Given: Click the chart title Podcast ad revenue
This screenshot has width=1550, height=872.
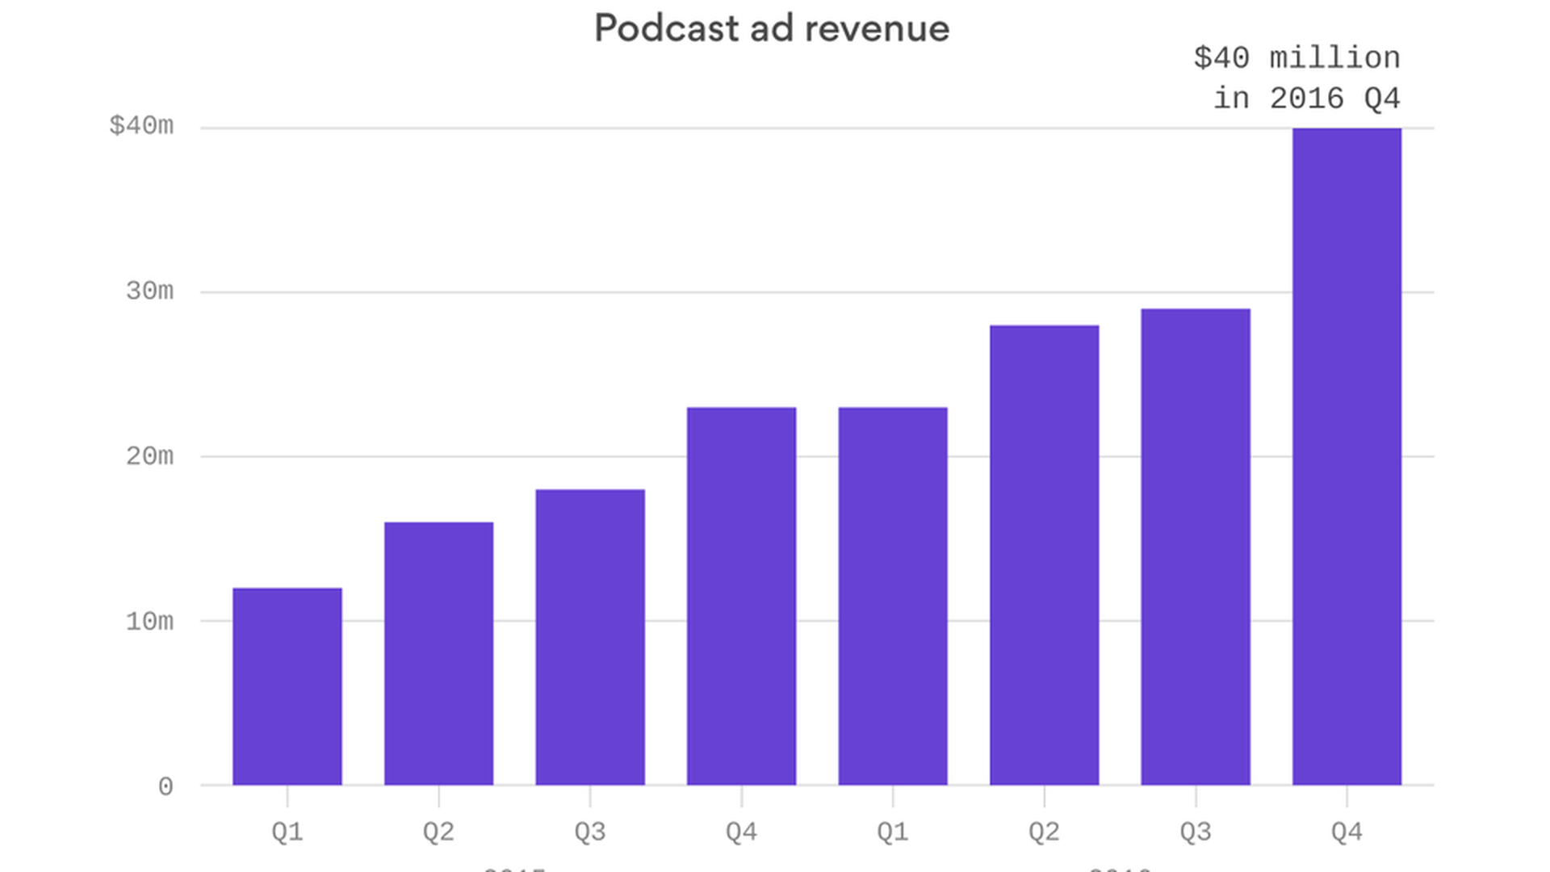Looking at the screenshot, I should click(x=772, y=29).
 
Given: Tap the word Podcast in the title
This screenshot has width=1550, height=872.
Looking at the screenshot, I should click(x=667, y=29).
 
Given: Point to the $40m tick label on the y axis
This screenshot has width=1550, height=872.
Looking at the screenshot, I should click(x=141, y=126).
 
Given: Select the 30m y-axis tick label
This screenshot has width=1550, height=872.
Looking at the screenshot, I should click(x=149, y=291).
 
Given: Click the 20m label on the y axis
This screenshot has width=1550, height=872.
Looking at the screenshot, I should click(x=149, y=456).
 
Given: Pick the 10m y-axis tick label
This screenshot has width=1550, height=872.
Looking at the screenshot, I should click(x=149, y=621).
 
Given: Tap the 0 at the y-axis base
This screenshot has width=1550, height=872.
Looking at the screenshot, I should click(x=165, y=786).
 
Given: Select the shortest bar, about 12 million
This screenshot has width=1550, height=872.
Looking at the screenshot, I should click(x=287, y=686).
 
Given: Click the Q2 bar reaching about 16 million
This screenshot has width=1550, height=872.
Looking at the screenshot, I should click(x=438, y=654).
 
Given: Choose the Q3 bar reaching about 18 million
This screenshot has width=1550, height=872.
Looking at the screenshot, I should click(x=590, y=638).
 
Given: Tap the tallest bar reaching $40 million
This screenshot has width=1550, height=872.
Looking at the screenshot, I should click(x=1347, y=456).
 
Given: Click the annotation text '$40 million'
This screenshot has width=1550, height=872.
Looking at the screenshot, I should click(x=1297, y=58).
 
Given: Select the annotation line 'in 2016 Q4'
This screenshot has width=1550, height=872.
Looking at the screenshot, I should click(x=1306, y=99).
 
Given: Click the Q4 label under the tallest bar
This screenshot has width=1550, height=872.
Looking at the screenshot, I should click(x=1347, y=832).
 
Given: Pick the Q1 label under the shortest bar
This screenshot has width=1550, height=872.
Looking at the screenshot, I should click(x=287, y=832).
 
